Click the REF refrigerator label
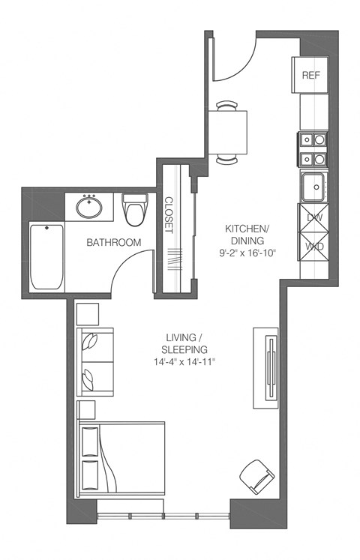pyautogui.click(x=310, y=76)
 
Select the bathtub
pyautogui.click(x=46, y=256)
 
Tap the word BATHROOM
pyautogui.click(x=113, y=243)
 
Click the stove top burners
pyautogui.click(x=313, y=148)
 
